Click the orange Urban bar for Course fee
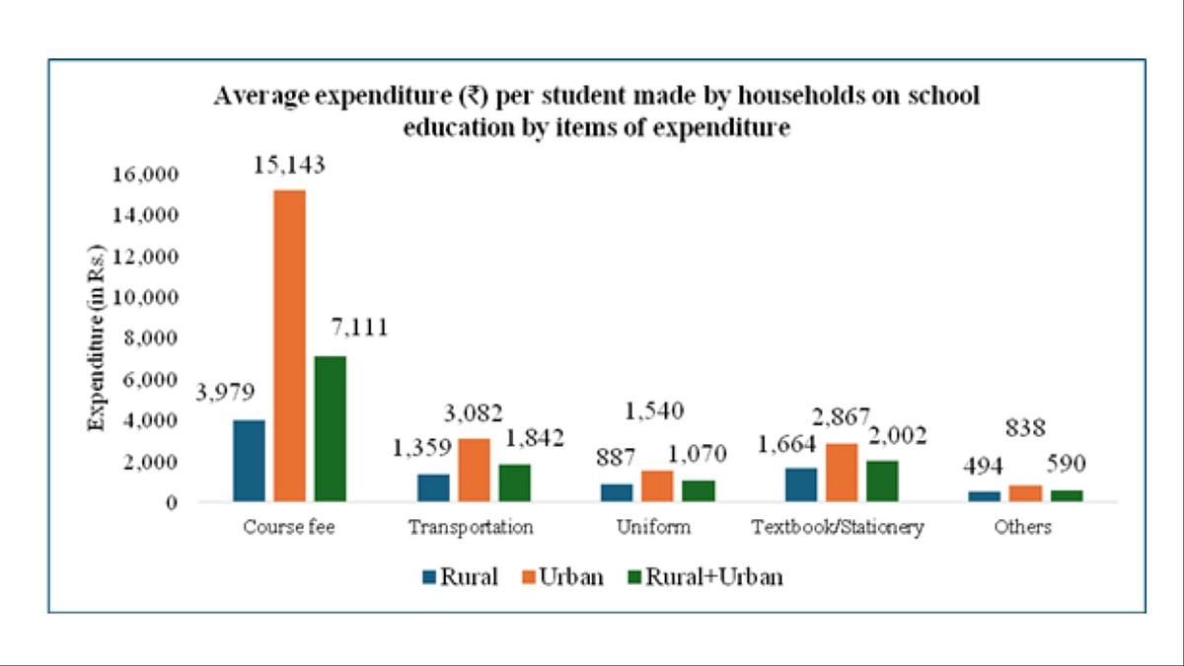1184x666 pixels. (x=289, y=345)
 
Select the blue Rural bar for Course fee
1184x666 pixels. (x=249, y=461)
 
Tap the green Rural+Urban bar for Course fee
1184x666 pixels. (x=330, y=428)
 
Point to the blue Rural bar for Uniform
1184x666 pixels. (x=616, y=492)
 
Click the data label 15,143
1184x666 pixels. (x=289, y=164)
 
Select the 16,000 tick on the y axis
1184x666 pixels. (x=146, y=175)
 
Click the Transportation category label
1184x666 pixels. (x=471, y=527)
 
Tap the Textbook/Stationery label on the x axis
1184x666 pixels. (x=837, y=527)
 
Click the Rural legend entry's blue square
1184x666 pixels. (x=430, y=577)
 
